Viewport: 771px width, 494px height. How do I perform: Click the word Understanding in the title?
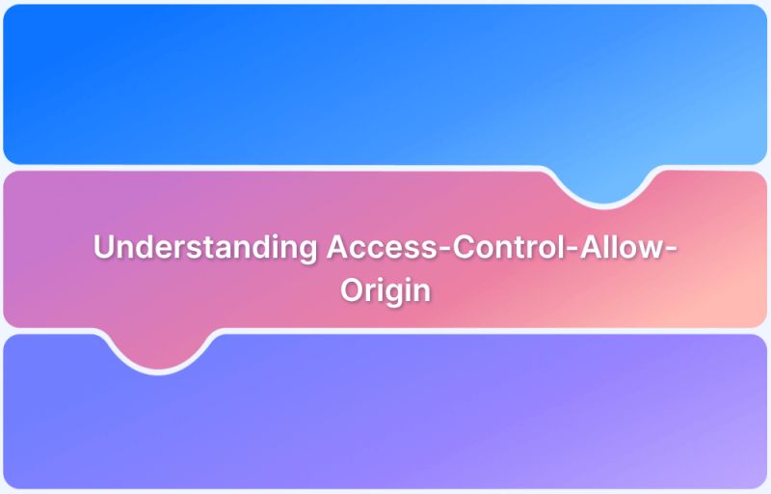pos(204,247)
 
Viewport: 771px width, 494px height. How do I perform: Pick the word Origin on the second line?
pos(385,290)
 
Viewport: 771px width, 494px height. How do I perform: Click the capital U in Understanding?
pos(103,247)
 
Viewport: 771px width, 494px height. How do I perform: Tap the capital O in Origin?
pos(351,289)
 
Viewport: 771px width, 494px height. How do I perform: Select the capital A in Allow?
pos(582,247)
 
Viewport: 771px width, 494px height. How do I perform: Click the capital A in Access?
pos(336,247)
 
